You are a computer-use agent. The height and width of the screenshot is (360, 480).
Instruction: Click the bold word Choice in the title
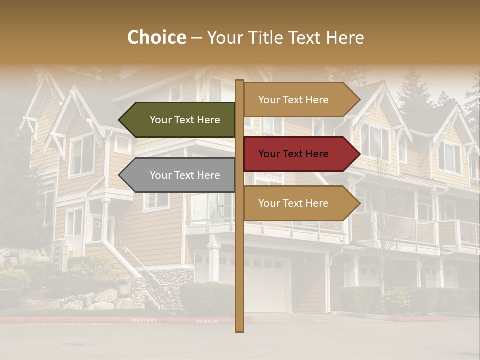tap(156, 38)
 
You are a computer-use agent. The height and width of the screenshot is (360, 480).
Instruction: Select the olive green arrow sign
tap(185, 120)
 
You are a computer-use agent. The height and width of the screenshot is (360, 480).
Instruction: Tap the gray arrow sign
tap(185, 175)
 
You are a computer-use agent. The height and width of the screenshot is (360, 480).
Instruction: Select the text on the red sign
tap(293, 154)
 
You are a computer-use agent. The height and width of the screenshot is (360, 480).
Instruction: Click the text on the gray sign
tap(185, 175)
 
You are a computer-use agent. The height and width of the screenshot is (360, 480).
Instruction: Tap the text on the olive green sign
tap(185, 120)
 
